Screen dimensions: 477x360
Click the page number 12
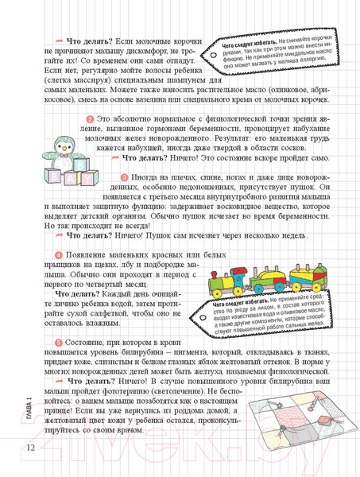coord(29,448)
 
